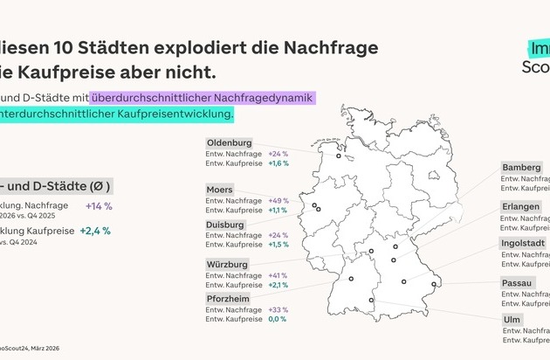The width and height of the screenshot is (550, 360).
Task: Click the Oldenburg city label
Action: [229, 142]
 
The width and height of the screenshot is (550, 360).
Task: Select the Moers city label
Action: [220, 189]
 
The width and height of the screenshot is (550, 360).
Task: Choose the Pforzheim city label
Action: [229, 298]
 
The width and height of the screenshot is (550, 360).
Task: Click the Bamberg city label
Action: [521, 167]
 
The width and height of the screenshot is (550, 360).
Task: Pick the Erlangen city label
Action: [520, 206]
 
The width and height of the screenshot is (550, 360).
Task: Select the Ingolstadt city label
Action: [525, 242]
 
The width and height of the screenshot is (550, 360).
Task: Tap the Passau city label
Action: [518, 283]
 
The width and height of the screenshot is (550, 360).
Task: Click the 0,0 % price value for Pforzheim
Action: [277, 321]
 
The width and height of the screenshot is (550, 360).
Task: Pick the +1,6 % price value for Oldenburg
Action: [278, 163]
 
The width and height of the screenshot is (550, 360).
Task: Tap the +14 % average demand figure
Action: [99, 205]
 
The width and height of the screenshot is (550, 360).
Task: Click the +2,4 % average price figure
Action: [95, 232]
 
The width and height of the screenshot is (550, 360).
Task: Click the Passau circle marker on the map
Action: [434, 284]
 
